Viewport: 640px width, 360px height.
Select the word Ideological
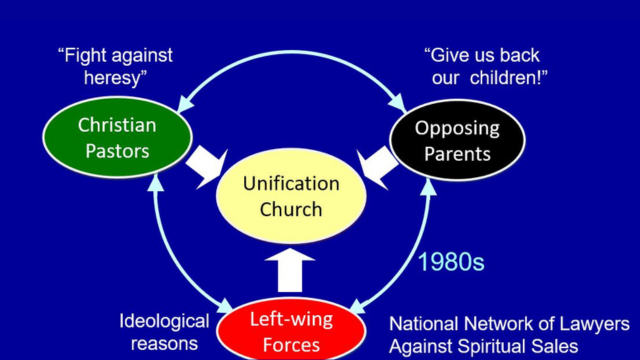(x=164, y=322)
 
